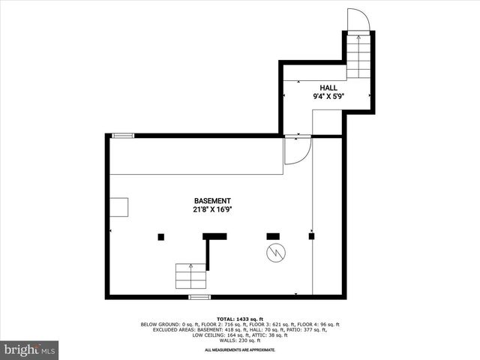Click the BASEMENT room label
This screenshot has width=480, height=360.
click(x=212, y=201)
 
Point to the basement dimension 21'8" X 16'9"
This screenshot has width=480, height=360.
click(x=212, y=210)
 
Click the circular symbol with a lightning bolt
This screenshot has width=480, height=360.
click(x=274, y=253)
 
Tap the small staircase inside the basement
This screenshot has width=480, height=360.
click(x=191, y=276)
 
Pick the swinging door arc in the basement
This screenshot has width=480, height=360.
click(x=295, y=151)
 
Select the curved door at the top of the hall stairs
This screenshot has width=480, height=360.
click(x=357, y=20)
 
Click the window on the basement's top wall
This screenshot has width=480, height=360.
click(x=123, y=136)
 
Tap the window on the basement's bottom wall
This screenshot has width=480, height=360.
click(x=199, y=297)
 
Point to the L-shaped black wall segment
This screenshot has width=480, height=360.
click(x=214, y=238)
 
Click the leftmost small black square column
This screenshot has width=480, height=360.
click(x=161, y=237)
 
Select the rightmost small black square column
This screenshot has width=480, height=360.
click(x=312, y=236)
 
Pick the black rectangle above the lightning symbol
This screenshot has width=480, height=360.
click(x=273, y=236)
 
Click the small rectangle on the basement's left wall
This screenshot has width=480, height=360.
click(x=118, y=207)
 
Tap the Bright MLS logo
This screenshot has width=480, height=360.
click(x=29, y=349)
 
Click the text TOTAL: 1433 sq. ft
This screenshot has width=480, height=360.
click(x=239, y=319)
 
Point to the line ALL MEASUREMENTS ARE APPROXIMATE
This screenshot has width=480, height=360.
click(x=240, y=349)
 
